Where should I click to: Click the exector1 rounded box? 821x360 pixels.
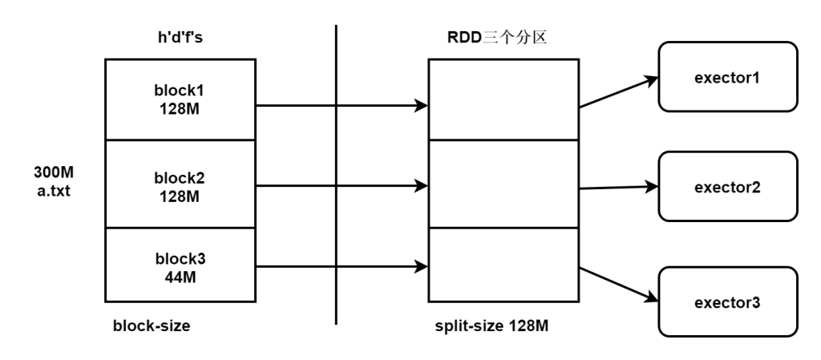click(x=728, y=78)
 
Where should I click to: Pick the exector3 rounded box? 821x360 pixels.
click(x=728, y=303)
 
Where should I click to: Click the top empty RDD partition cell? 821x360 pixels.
click(x=502, y=99)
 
